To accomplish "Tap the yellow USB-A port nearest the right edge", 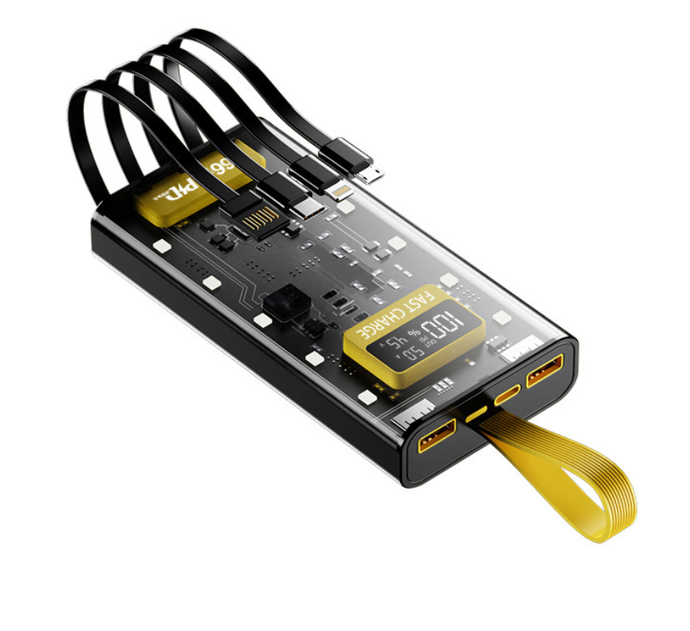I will pos(545,371).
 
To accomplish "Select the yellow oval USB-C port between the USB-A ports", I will pos(507,395).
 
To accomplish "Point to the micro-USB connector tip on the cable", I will pos(373,175).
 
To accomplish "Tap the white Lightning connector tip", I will pos(338,192).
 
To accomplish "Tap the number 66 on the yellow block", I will pos(222,167).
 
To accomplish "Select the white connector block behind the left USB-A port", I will pos(409,416).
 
